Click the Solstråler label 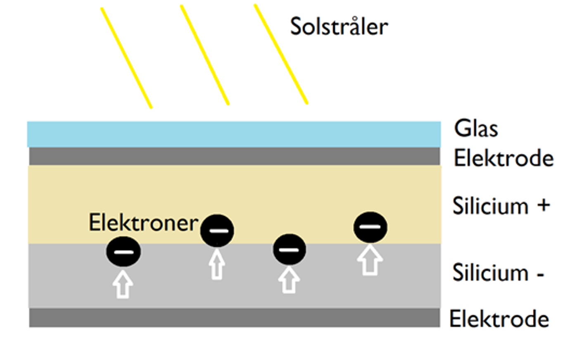coord(339,26)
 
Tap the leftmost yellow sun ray coord(126,58)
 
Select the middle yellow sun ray coord(204,55)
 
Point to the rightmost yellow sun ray coord(281,54)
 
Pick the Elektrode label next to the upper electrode coord(503,158)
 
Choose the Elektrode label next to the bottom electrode coord(499,319)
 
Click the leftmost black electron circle coord(123,252)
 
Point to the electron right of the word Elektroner coord(217,231)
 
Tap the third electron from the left coord(290,250)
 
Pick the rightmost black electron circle coord(370,227)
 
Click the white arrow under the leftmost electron coord(123,284)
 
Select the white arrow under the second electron coord(217,265)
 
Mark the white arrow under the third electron coord(289,280)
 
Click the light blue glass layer coord(234,134)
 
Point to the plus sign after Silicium coord(544,205)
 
